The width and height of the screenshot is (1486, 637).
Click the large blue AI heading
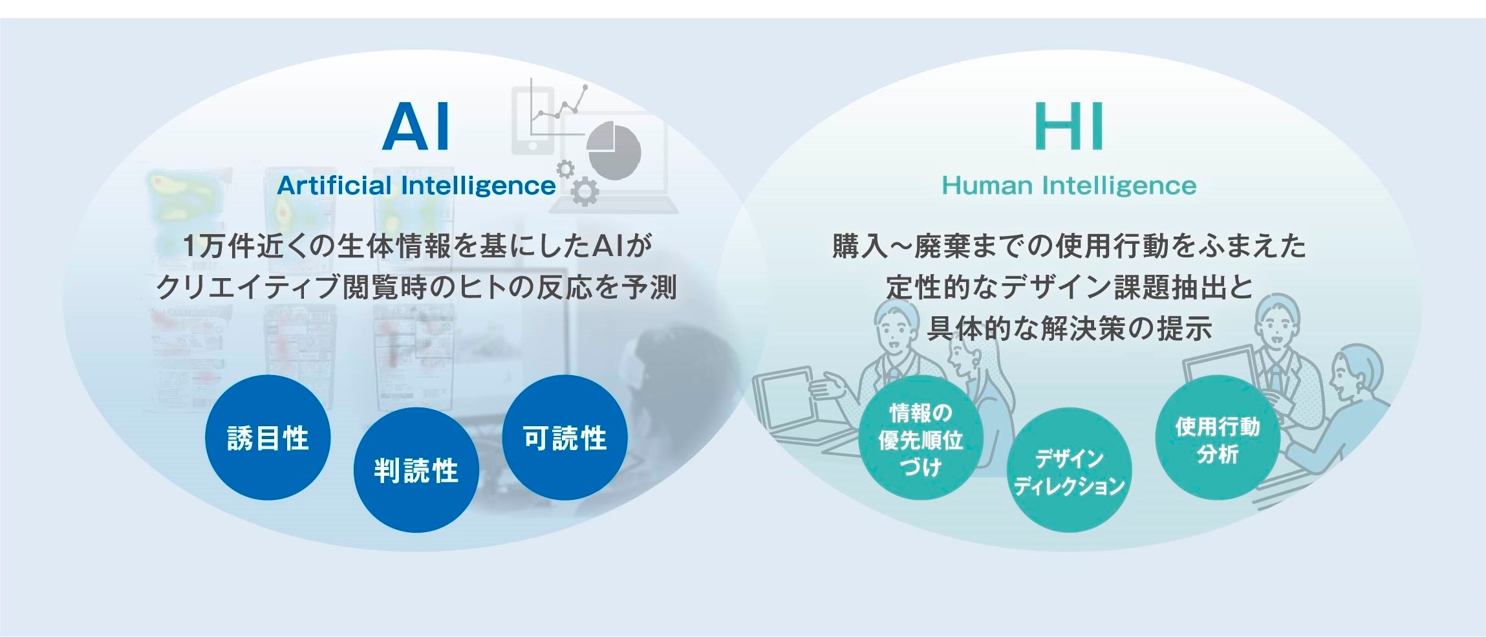(416, 127)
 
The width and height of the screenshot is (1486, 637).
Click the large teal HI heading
(1068, 127)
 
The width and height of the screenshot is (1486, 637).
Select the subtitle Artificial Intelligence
(416, 186)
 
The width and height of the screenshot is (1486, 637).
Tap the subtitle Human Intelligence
(1068, 186)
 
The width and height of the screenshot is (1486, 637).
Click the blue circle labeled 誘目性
(268, 438)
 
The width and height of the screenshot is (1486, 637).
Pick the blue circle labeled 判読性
(416, 470)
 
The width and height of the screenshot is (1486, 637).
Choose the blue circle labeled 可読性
(565, 438)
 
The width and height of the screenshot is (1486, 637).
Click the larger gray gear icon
(585, 191)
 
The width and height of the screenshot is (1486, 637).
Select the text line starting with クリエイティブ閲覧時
(416, 287)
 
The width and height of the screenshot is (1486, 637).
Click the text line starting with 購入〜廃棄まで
(1068, 246)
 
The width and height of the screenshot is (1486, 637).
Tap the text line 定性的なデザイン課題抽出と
(1068, 287)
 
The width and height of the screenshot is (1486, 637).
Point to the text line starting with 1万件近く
(416, 246)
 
